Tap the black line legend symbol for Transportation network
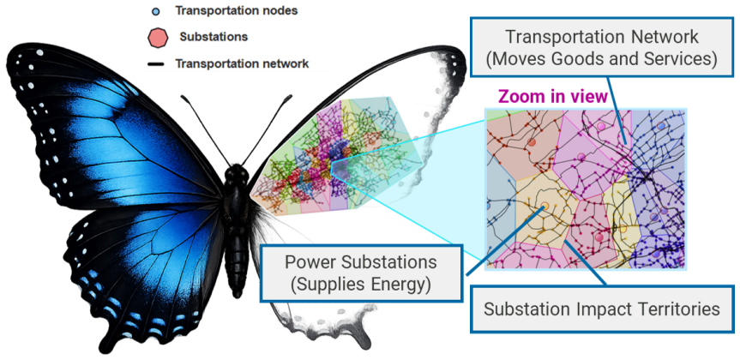coord(155,63)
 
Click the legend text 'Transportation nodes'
coord(237,10)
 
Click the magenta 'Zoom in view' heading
coord(553,97)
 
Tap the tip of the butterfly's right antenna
coord(290,97)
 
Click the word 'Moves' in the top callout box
coord(525,59)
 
